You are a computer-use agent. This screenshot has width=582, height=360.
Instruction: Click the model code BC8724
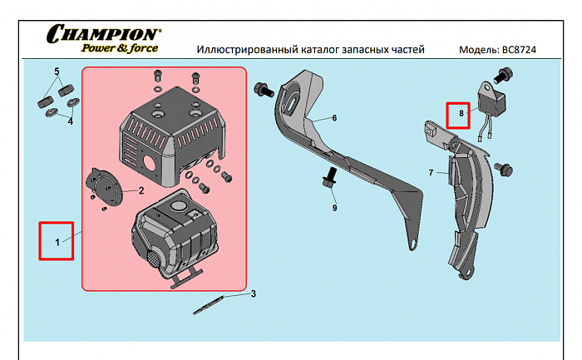pyautogui.click(x=520, y=50)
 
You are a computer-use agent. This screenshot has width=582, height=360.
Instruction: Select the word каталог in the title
pyautogui.click(x=290, y=50)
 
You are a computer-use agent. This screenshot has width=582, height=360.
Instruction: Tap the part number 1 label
pyautogui.click(x=57, y=242)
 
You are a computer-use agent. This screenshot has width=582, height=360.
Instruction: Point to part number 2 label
pyautogui.click(x=141, y=190)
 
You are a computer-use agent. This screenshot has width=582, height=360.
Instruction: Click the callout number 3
pyautogui.click(x=253, y=293)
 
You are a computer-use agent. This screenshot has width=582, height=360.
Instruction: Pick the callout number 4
pyautogui.click(x=70, y=121)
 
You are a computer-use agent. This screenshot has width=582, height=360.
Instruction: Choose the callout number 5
pyautogui.click(x=57, y=72)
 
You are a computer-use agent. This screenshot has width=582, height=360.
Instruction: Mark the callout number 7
pyautogui.click(x=431, y=173)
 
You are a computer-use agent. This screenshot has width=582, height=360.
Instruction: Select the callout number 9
pyautogui.click(x=334, y=207)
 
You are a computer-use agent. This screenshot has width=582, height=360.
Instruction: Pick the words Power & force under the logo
pyautogui.click(x=119, y=48)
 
